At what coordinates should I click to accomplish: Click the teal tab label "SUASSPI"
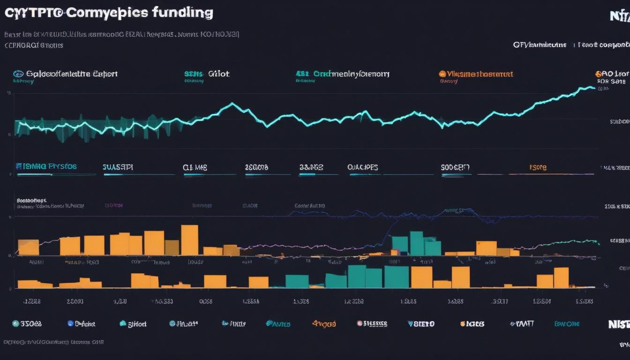(118, 167)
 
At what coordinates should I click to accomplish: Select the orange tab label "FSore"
(538, 167)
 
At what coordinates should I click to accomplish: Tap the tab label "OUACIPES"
(362, 167)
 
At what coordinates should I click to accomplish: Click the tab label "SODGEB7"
(455, 167)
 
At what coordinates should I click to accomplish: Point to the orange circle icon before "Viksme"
(442, 74)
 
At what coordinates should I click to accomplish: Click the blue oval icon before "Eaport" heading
(18, 74)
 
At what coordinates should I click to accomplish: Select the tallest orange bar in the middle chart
(189, 240)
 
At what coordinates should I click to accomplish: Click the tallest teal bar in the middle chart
(416, 243)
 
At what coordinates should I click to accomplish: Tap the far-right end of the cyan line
(593, 88)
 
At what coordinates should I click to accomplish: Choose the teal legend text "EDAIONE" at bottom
(567, 324)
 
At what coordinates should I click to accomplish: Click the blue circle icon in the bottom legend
(71, 323)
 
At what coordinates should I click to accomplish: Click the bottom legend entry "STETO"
(424, 324)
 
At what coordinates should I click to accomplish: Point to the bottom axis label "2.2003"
(75, 302)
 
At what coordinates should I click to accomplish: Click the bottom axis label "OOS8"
(206, 302)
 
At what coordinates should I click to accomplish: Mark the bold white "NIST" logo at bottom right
(619, 324)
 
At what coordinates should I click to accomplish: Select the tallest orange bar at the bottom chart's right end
(561, 277)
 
